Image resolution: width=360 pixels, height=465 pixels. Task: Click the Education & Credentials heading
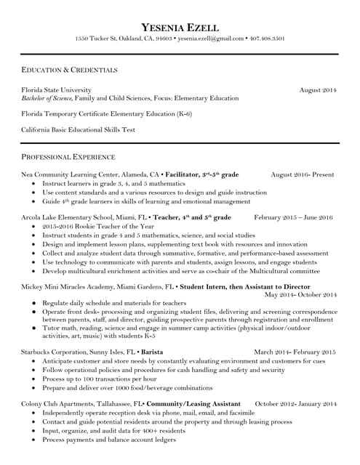[x=69, y=70]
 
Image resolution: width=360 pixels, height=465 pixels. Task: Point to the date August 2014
[x=318, y=89]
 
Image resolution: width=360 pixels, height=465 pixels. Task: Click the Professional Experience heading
[x=68, y=157]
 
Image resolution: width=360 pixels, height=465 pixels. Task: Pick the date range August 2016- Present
[x=302, y=175]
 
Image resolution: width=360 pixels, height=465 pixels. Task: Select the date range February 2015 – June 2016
[x=293, y=217]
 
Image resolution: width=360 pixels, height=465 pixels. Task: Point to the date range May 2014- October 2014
[x=300, y=295]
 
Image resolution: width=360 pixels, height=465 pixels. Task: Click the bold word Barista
[x=151, y=352]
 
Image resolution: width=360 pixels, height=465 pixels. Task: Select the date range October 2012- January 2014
[x=295, y=403]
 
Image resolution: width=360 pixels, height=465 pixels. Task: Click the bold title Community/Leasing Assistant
[x=193, y=403]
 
